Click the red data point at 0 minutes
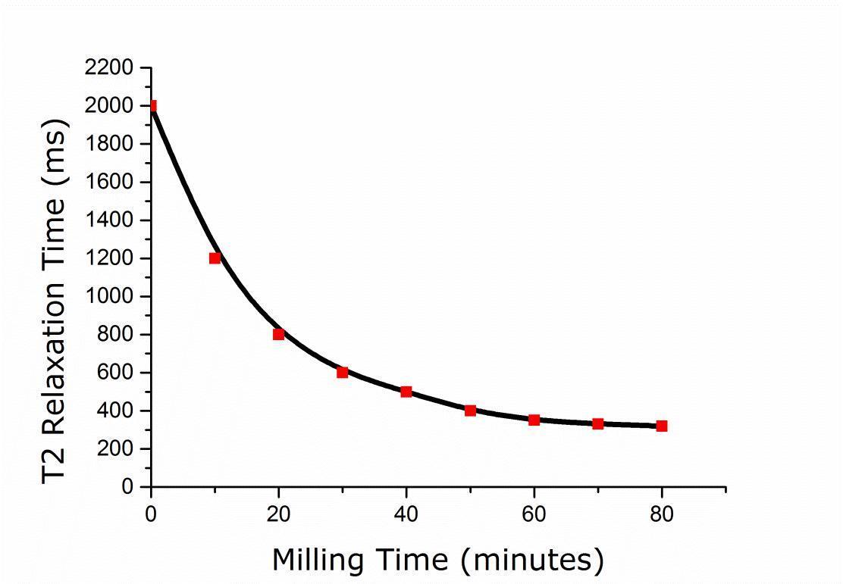[152, 106]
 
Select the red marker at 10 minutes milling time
[215, 258]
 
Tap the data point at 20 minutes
[279, 334]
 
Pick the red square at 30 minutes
[343, 372]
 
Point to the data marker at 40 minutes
[406, 392]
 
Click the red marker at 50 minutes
[470, 411]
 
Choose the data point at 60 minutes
[534, 420]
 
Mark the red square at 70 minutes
[597, 423]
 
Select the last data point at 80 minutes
[662, 426]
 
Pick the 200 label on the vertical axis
[118, 449]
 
